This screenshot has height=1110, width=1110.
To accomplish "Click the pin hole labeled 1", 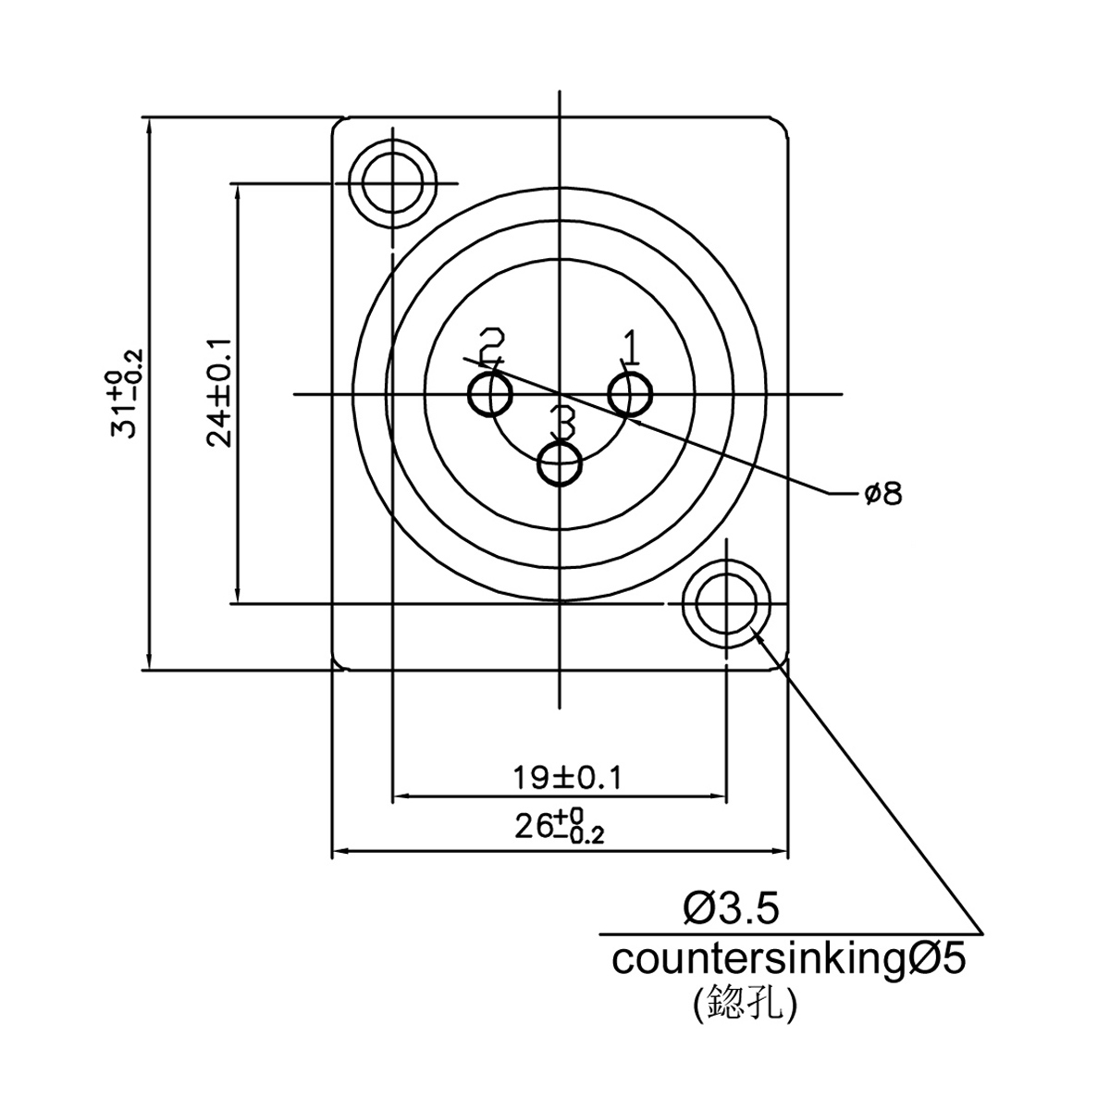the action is tap(630, 395).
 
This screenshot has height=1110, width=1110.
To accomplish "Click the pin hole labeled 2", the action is tap(491, 395).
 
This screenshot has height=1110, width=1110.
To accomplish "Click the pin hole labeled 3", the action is tap(560, 463).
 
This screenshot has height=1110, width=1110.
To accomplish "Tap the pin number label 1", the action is tap(630, 348).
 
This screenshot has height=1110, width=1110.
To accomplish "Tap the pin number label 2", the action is tap(491, 347).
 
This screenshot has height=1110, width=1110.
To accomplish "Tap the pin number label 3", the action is tap(562, 422).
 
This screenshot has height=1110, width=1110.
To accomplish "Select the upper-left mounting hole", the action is tap(393, 184).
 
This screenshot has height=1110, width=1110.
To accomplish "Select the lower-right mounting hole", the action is tap(726, 604).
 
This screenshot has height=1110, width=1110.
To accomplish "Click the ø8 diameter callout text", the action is tap(883, 494).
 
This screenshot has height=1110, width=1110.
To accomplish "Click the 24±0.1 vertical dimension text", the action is tap(219, 393).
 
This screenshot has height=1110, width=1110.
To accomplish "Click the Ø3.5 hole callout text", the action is tap(732, 909).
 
